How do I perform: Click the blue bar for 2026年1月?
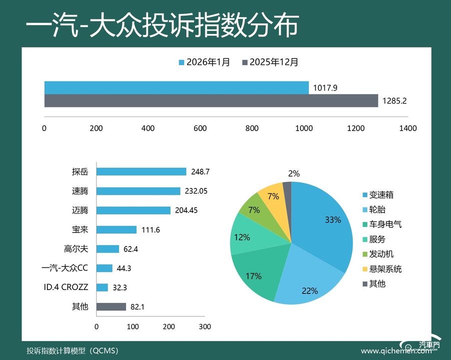click(x=176, y=88)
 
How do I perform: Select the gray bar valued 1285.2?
click(x=211, y=100)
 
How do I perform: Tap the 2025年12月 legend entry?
click(x=270, y=62)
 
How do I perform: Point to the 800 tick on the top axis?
click(x=252, y=128)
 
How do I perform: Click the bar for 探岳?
click(x=141, y=171)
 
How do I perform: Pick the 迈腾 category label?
click(x=79, y=210)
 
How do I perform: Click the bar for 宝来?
click(x=116, y=229)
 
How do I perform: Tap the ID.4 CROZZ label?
click(x=66, y=287)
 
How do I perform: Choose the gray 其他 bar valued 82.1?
click(x=111, y=306)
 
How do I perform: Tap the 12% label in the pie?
click(x=242, y=237)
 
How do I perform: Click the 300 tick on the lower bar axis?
click(x=204, y=326)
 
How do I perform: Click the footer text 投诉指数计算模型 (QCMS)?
click(x=73, y=350)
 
